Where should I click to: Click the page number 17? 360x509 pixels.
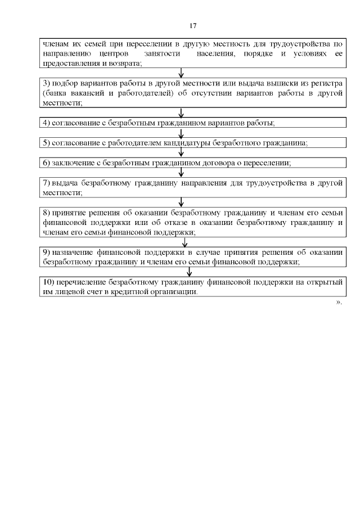(x=193, y=26)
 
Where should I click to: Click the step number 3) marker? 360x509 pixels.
(x=47, y=83)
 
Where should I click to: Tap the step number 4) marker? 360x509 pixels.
(x=47, y=123)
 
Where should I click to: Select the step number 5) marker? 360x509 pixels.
(x=47, y=143)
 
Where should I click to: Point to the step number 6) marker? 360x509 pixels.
(x=47, y=163)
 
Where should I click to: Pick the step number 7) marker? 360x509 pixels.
(x=47, y=183)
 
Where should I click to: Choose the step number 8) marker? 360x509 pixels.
(x=47, y=213)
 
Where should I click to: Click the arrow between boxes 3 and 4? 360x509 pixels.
(x=181, y=112)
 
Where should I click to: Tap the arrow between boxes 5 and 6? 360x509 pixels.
(x=181, y=153)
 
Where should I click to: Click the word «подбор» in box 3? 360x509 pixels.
(x=64, y=83)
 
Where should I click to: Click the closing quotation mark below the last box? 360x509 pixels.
(x=339, y=303)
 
